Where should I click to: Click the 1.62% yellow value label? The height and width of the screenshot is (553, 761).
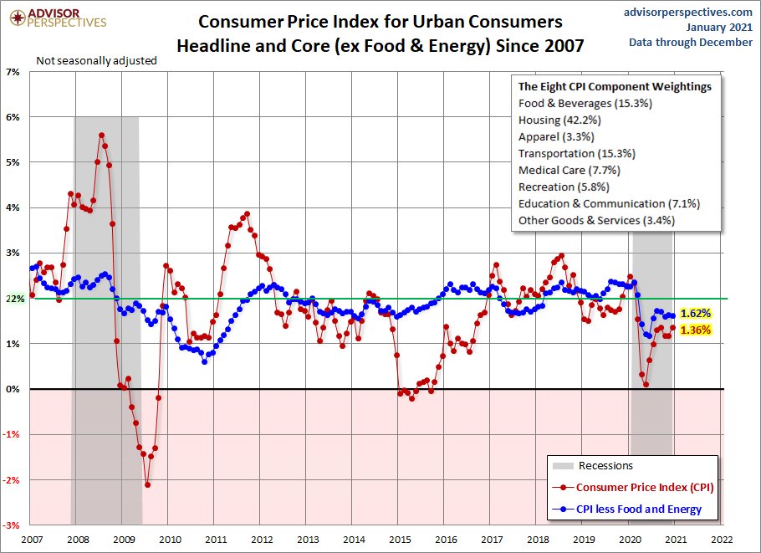pyautogui.click(x=696, y=314)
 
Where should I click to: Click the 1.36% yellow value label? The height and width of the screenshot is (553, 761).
pyautogui.click(x=696, y=330)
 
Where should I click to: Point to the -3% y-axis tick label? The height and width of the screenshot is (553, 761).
pyautogui.click(x=13, y=525)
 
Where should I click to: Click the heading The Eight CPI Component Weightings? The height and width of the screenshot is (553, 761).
pyautogui.click(x=615, y=86)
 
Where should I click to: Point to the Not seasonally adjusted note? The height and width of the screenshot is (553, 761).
pyautogui.click(x=96, y=60)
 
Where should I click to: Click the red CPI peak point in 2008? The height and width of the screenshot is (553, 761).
pyautogui.click(x=101, y=135)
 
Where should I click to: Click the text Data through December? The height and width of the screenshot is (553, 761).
pyautogui.click(x=691, y=42)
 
